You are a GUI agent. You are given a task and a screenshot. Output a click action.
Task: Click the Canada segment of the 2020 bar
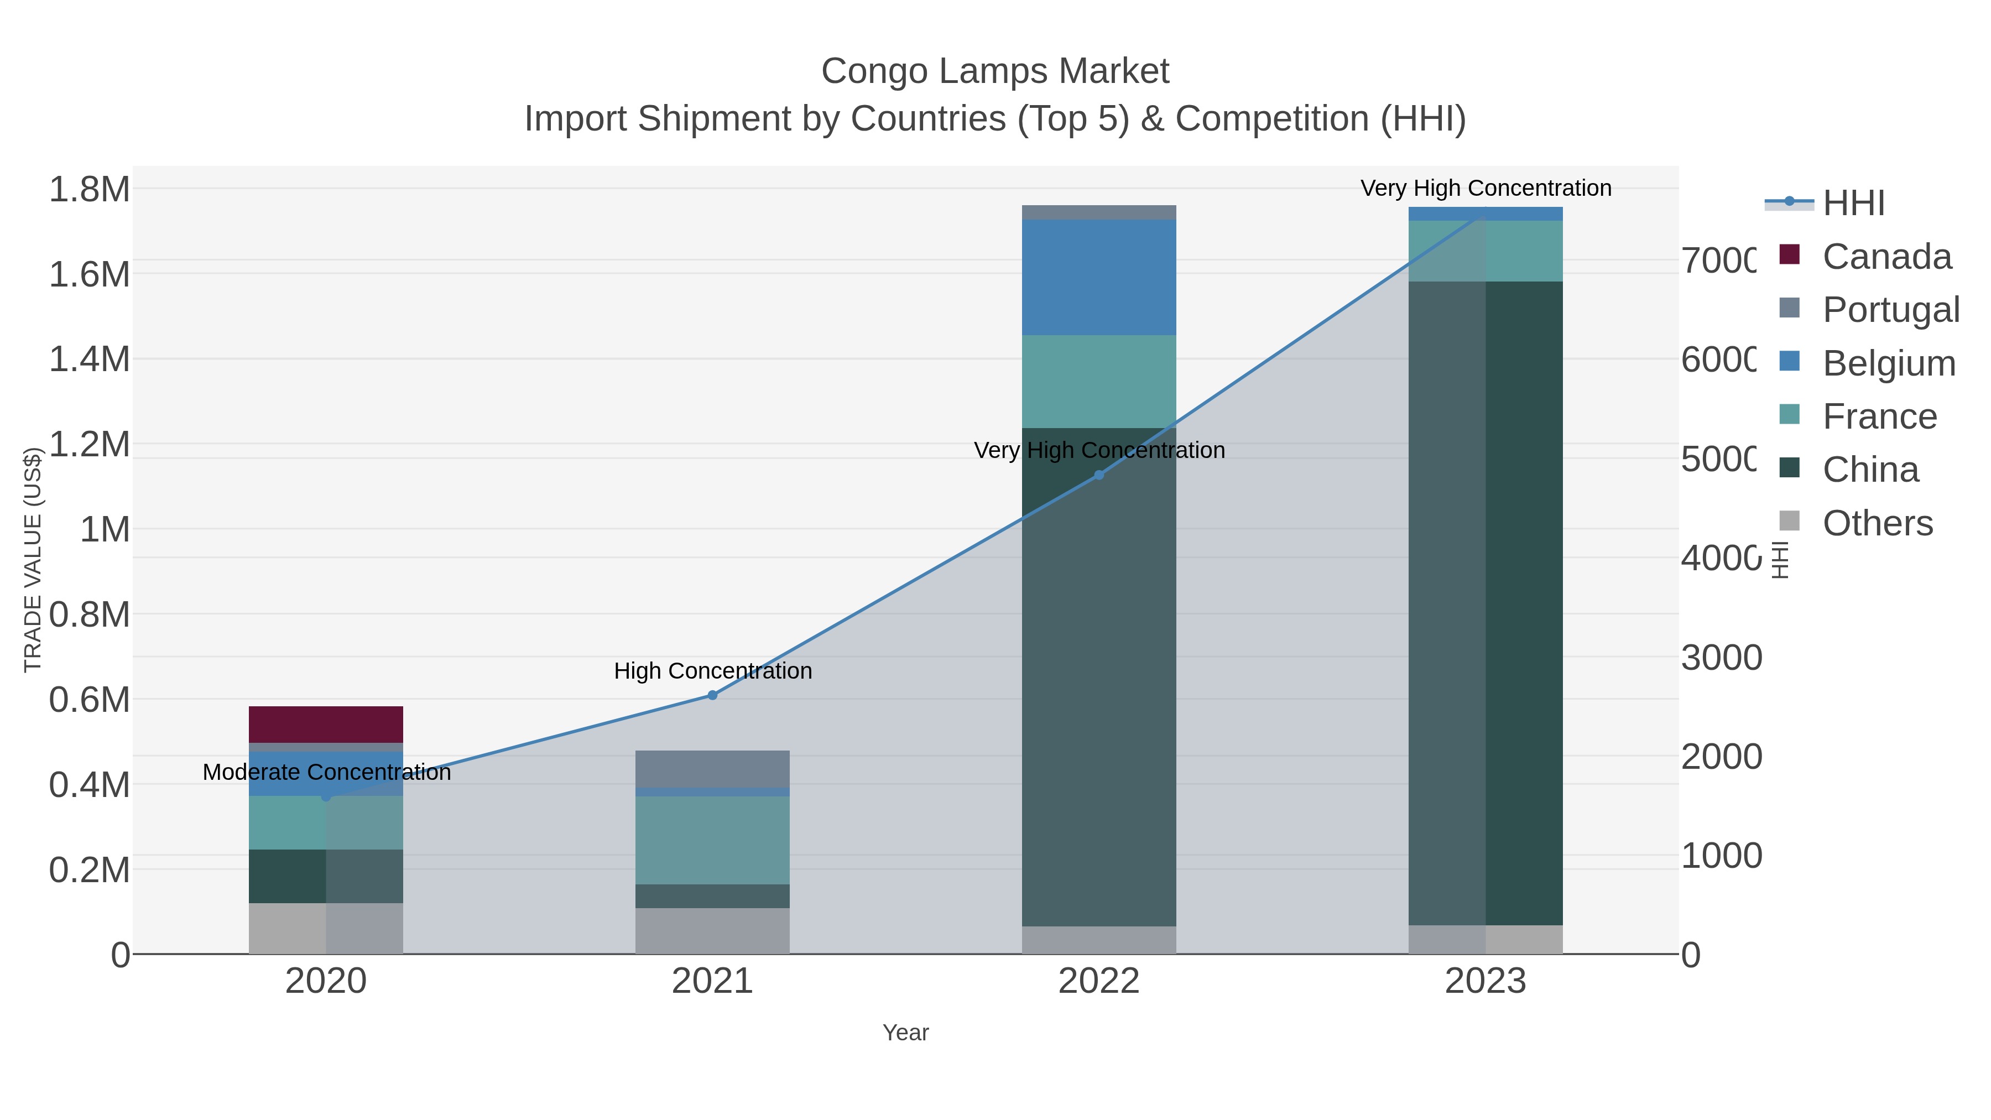325,724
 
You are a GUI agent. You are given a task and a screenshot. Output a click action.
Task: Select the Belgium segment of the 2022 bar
1098,277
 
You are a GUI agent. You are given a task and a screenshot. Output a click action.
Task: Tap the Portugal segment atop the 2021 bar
712,768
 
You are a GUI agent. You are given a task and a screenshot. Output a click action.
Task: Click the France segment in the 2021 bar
712,840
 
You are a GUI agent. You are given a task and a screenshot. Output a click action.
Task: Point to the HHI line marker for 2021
712,695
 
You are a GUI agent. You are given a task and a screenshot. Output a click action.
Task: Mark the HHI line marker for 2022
1098,475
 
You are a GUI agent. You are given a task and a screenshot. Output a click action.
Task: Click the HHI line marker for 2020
325,796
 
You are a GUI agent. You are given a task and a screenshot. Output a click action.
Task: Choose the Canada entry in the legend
1886,257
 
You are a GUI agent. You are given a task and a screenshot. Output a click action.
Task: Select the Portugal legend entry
1890,310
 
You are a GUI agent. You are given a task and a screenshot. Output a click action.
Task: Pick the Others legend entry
1877,523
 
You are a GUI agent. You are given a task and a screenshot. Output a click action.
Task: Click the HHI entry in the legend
1853,204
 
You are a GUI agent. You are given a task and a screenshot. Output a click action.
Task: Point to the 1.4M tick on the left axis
89,360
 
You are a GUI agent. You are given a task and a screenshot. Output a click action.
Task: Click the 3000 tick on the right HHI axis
1721,658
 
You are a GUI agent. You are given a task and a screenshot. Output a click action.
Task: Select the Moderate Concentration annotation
326,772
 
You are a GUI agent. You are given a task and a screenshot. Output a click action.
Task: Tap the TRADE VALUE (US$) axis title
33,560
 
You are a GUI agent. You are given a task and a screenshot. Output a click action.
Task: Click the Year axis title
905,1033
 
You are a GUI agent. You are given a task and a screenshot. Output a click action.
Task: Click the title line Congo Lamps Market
995,71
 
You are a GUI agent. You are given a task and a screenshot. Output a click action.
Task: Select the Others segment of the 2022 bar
1098,939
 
